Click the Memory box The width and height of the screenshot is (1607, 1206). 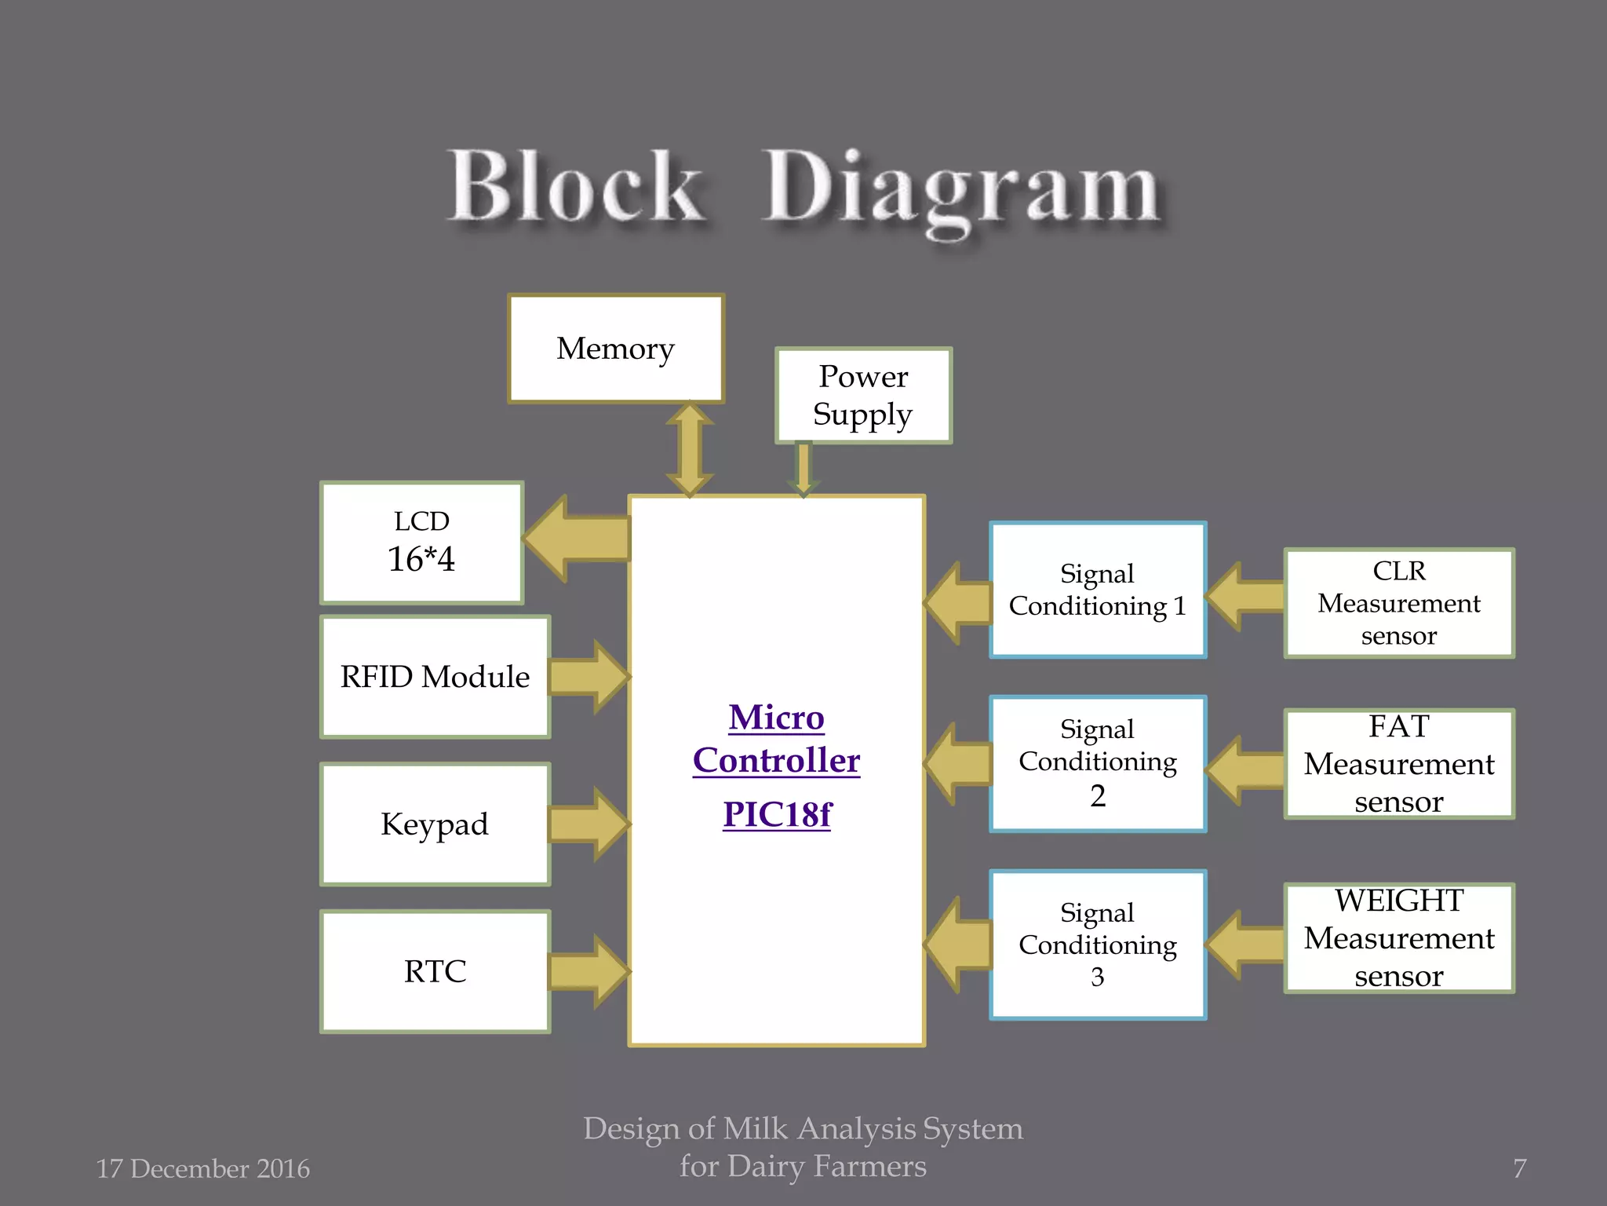616,349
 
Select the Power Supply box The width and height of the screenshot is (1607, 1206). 863,396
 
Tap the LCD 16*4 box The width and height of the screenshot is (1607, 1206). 422,543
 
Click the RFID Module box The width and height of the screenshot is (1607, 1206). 435,677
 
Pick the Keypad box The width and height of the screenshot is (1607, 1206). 435,824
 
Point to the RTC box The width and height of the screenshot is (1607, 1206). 435,971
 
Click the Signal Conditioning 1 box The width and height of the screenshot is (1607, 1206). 1097,590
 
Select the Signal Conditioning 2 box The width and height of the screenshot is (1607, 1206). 1097,763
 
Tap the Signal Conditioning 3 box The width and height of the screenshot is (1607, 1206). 1097,945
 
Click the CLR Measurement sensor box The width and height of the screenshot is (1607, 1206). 1398,603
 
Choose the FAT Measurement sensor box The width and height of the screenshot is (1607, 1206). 1398,764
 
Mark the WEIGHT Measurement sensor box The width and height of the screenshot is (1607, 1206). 1398,938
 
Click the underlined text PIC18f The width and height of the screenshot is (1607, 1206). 777,814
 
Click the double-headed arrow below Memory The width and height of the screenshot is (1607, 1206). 690,450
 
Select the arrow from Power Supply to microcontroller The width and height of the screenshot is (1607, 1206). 803,469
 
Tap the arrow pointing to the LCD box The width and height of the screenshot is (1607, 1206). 577,539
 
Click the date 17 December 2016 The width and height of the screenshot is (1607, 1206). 202,1168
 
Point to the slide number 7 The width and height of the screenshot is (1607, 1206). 1519,1168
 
